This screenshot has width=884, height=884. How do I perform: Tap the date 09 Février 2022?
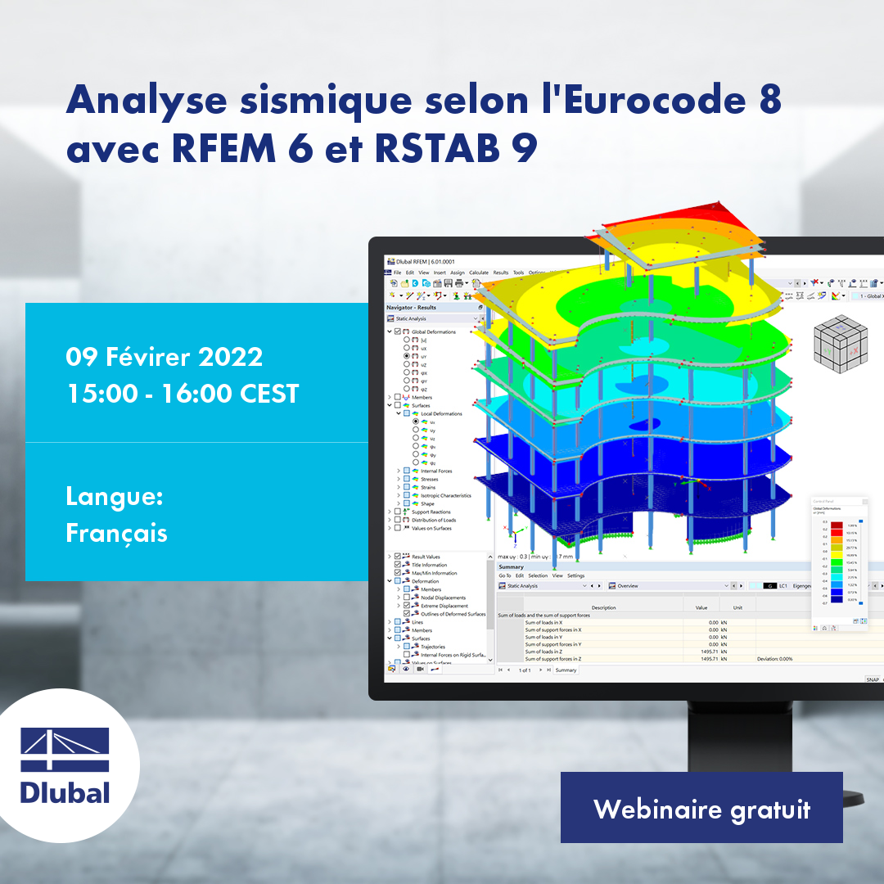click(x=164, y=357)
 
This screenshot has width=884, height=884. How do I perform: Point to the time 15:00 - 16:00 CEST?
click(x=183, y=394)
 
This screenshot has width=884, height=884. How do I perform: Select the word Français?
click(x=116, y=533)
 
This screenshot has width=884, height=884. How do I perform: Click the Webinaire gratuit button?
click(x=701, y=809)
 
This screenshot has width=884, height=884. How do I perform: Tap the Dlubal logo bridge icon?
click(x=65, y=749)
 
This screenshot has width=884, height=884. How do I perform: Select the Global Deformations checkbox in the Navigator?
click(x=398, y=331)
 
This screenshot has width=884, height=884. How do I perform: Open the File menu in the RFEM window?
click(x=398, y=273)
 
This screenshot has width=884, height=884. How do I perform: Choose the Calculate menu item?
click(x=478, y=273)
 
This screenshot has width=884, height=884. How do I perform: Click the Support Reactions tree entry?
click(x=431, y=512)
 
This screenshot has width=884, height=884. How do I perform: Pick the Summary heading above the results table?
click(x=511, y=566)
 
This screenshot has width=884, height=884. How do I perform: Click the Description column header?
click(x=602, y=607)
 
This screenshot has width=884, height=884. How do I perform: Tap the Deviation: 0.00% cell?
click(x=774, y=659)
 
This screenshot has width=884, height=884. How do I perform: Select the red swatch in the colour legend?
click(x=837, y=525)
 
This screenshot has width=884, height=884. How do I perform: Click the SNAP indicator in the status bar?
click(x=873, y=679)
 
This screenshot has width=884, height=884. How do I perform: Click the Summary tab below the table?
click(x=566, y=670)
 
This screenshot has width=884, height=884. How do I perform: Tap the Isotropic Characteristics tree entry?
click(x=445, y=495)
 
